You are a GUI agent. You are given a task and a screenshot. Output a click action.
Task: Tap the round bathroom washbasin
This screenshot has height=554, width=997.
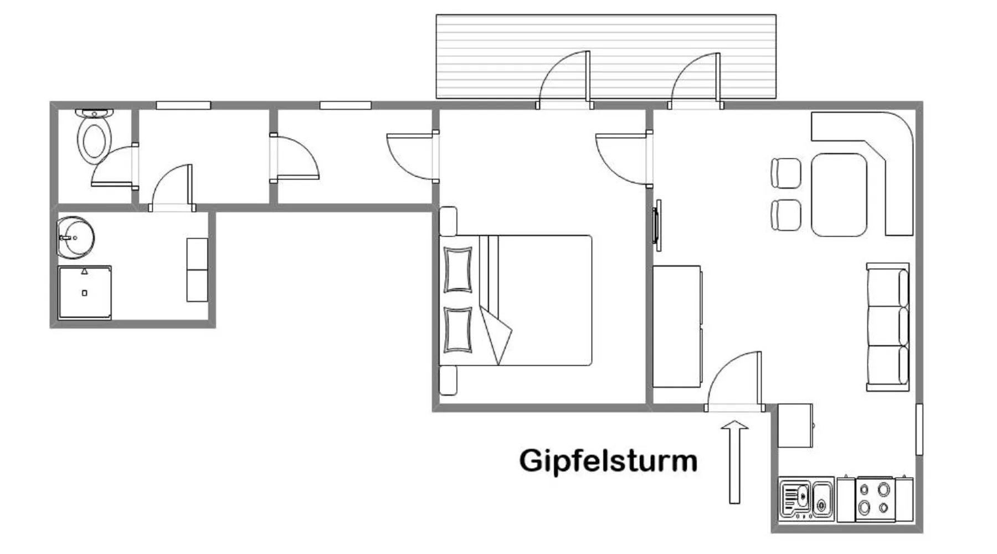click(x=75, y=237)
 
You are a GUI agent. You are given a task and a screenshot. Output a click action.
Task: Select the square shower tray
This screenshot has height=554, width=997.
click(x=85, y=292)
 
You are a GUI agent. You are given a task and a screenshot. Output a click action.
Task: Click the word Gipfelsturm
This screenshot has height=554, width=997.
click(x=608, y=461)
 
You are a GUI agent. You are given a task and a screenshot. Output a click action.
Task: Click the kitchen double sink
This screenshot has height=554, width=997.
click(x=806, y=499)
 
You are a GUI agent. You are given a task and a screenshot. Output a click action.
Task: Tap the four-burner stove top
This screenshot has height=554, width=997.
click(x=874, y=499)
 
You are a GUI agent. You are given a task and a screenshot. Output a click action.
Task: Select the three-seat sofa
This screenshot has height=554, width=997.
click(x=887, y=327)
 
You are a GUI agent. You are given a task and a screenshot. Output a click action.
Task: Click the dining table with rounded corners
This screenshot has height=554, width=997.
click(x=839, y=195)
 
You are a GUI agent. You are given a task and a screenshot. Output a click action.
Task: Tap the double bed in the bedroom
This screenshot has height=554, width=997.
click(x=515, y=300)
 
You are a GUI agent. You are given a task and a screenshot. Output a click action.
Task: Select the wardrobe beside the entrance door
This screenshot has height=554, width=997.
click(x=677, y=327)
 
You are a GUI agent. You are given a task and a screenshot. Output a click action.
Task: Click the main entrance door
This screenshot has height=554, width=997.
click(x=734, y=382)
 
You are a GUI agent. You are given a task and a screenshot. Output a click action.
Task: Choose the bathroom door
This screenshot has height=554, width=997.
click(x=172, y=188)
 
